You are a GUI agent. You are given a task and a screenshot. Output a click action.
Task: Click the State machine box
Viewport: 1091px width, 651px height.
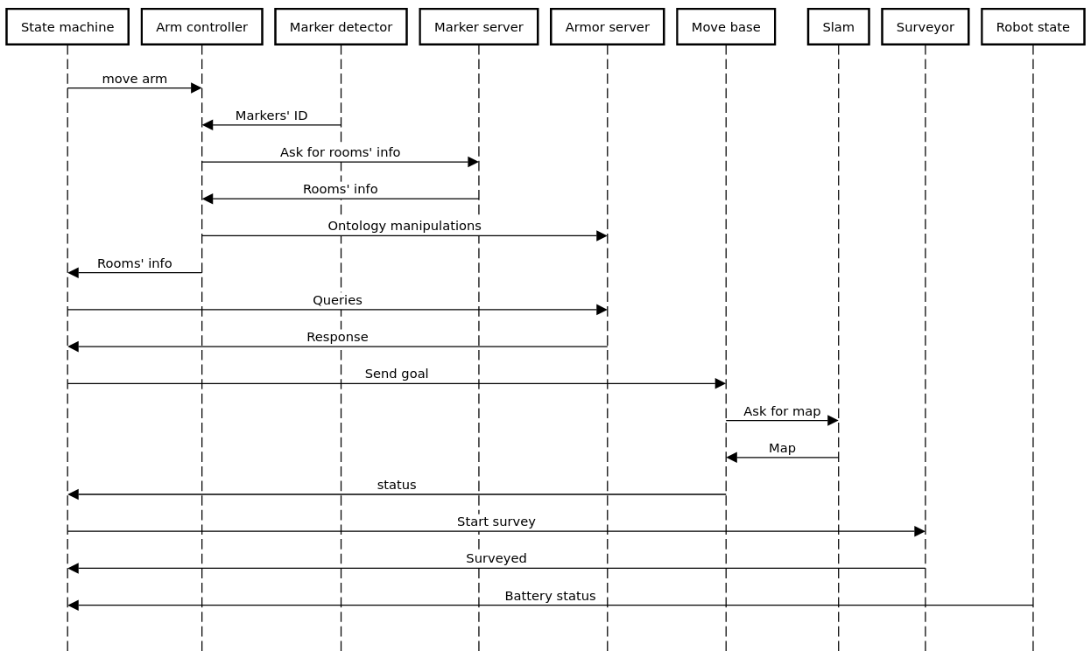click(67, 26)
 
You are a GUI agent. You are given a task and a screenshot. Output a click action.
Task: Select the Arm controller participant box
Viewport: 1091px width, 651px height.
click(201, 26)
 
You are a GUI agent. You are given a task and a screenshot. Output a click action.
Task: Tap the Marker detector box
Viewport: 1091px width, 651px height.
click(341, 26)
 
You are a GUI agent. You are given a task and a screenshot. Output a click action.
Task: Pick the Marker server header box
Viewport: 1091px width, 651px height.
click(478, 26)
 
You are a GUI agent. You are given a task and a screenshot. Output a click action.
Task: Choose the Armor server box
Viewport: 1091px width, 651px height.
click(607, 26)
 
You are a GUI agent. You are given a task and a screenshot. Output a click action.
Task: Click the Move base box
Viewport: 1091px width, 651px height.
click(726, 26)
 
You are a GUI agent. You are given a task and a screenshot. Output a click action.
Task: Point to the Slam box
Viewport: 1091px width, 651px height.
click(838, 26)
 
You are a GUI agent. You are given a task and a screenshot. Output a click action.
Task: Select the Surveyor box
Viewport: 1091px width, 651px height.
click(925, 26)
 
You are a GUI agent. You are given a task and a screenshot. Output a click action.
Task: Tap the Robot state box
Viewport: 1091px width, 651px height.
click(1032, 26)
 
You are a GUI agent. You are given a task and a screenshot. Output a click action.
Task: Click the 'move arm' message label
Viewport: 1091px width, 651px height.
click(134, 79)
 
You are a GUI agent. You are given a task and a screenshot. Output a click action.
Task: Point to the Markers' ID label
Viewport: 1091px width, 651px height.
click(271, 115)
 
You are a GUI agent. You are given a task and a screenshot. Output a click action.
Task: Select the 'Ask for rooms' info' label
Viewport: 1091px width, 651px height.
click(340, 152)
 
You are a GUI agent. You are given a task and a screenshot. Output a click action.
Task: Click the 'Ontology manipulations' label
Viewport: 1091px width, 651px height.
click(405, 226)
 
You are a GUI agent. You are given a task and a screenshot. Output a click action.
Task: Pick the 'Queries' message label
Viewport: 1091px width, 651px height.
click(337, 300)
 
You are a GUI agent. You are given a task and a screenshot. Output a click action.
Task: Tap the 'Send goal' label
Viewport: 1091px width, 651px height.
click(397, 374)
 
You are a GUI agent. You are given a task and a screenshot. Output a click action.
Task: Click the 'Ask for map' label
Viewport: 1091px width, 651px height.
click(782, 411)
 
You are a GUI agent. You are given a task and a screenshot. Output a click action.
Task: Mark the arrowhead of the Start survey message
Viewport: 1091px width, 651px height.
click(919, 531)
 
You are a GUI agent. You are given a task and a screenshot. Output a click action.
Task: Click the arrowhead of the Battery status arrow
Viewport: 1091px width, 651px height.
click(74, 605)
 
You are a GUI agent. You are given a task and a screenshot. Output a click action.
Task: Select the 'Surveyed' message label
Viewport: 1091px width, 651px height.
click(496, 558)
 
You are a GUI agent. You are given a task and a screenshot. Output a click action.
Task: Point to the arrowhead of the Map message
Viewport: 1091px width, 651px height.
click(732, 458)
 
